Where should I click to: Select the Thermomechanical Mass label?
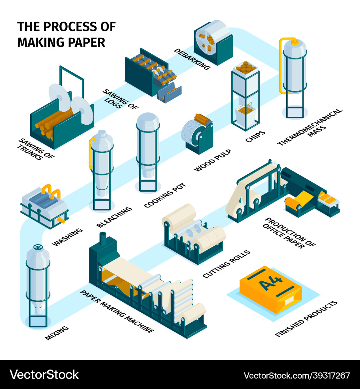[310, 128]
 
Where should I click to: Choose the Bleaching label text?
[114, 216]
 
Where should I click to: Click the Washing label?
[67, 237]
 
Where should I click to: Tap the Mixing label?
[57, 333]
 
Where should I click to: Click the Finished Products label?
[306, 319]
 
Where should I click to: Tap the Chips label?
[255, 137]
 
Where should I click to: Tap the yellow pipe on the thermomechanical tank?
[282, 65]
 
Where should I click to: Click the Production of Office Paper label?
[290, 233]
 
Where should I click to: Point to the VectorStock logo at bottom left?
[44, 375]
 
